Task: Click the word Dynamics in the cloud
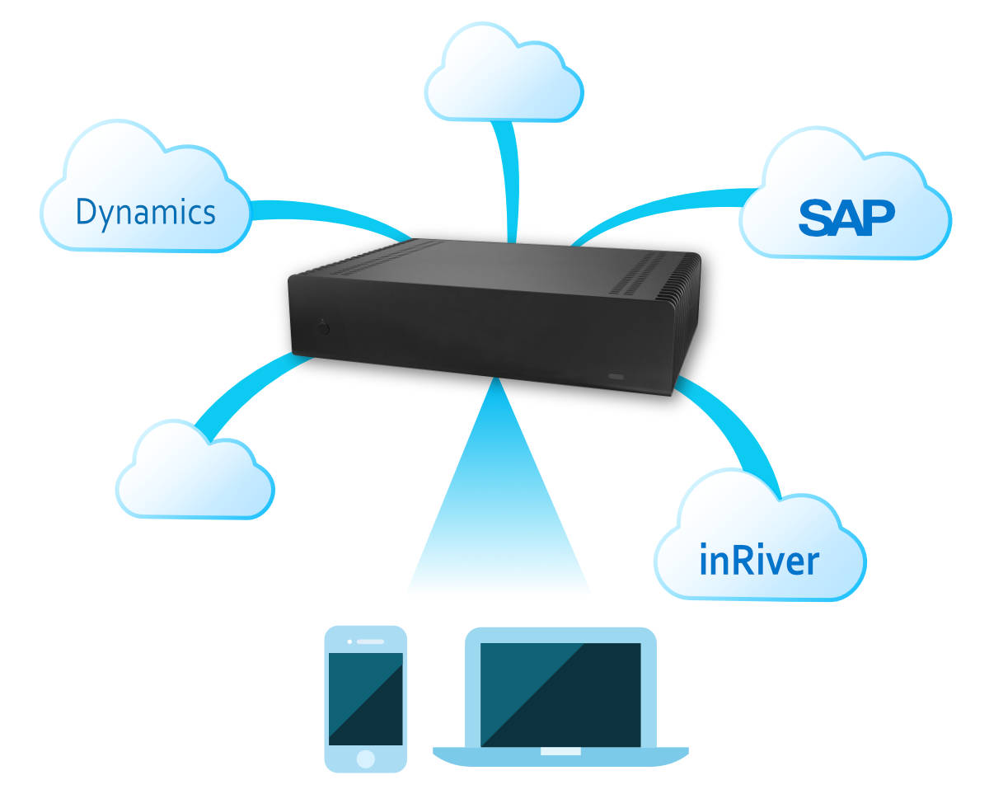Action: point(145,212)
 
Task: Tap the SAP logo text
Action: point(846,216)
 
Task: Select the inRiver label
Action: point(758,561)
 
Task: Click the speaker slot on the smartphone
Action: point(370,641)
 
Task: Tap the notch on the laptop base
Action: point(560,752)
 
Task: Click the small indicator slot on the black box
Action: point(616,376)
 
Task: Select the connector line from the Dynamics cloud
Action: point(330,216)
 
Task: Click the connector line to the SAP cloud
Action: point(659,206)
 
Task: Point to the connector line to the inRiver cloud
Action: point(734,429)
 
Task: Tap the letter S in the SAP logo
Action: point(816,217)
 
